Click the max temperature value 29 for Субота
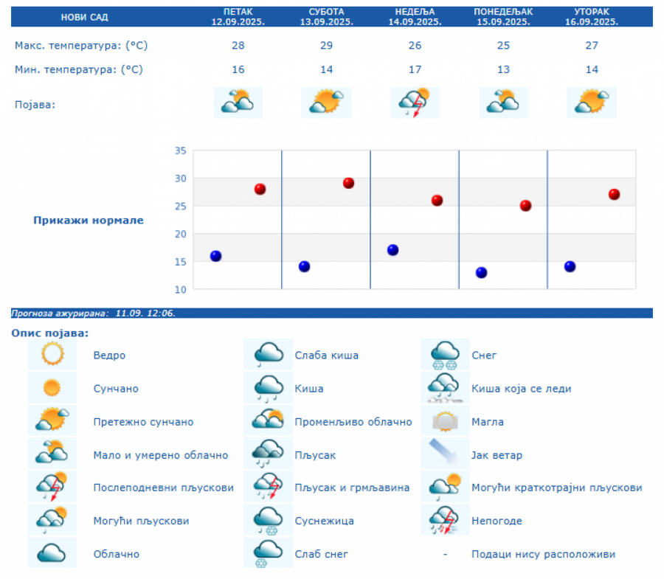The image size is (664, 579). click(327, 46)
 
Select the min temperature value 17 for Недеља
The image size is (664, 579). click(415, 70)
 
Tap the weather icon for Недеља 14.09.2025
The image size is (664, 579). click(415, 103)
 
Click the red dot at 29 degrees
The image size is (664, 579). click(348, 183)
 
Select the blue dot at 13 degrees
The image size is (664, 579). click(481, 272)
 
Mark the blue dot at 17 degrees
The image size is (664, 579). click(392, 250)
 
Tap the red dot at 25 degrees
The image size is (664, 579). click(525, 206)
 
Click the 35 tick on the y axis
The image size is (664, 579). click(179, 151)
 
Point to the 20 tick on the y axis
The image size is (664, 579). click(179, 234)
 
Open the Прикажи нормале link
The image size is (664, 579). click(89, 220)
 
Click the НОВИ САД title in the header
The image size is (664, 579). click(83, 17)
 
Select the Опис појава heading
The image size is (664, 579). click(49, 333)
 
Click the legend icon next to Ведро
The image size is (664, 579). click(52, 355)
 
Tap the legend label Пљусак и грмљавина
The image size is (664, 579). click(352, 488)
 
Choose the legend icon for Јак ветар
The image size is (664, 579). click(445, 454)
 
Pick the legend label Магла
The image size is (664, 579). click(488, 422)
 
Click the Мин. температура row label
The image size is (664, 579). click(79, 70)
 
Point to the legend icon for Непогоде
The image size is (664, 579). click(445, 521)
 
